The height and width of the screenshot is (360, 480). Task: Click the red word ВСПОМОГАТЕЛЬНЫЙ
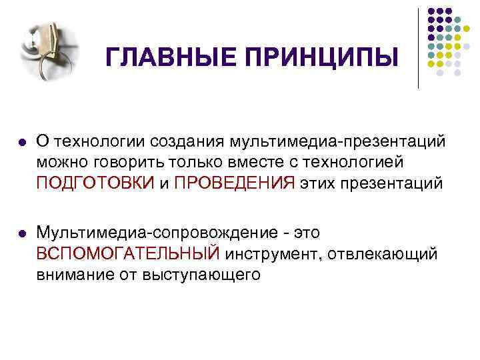point(128,254)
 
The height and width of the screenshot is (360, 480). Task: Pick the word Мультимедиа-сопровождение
point(160,233)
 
